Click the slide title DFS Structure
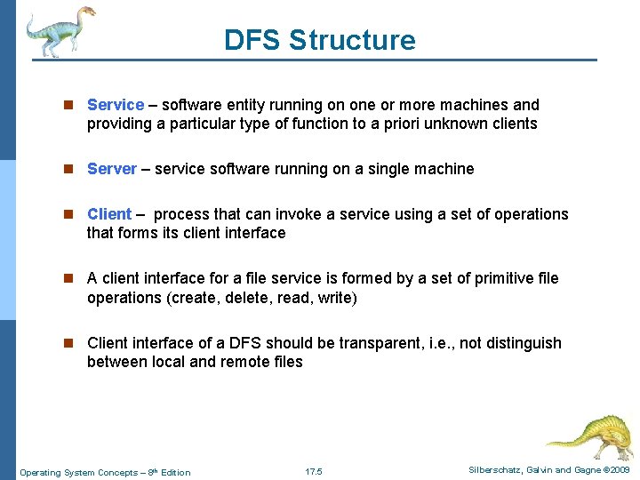coord(319,40)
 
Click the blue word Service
coord(116,105)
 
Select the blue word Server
coord(112,169)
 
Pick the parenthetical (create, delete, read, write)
coord(261,298)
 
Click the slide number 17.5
coord(313,471)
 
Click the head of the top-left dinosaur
coord(86,12)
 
